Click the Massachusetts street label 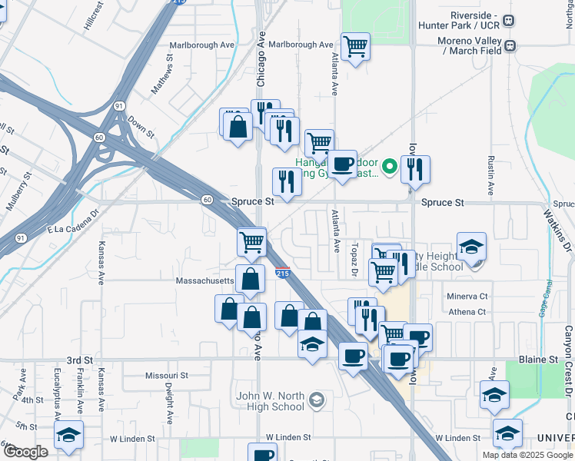[x=204, y=281]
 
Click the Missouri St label [x=166, y=376]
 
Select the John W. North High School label [x=270, y=401]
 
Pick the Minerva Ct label [x=467, y=296]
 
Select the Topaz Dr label [x=356, y=258]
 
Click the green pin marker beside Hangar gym [x=390, y=166]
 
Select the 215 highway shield [x=282, y=272]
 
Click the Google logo [x=26, y=453]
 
